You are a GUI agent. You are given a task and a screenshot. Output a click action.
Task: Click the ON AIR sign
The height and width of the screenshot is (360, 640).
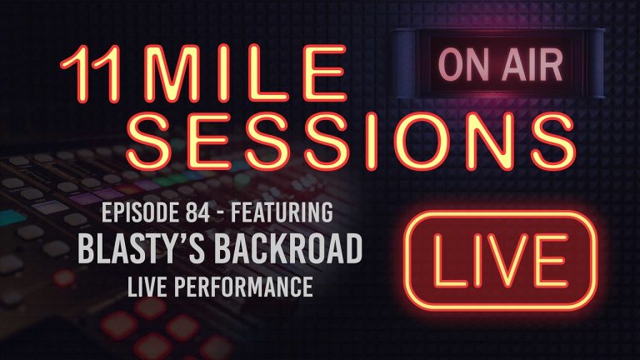[x=489, y=62]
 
